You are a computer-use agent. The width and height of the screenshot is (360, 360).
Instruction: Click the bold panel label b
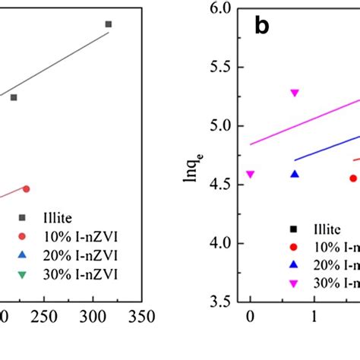pos(261,27)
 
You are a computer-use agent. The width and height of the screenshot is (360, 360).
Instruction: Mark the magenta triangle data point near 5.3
pos(295,93)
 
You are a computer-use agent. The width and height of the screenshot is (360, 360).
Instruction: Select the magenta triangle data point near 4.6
pos(251,174)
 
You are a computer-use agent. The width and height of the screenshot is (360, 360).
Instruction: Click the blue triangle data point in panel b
pos(295,174)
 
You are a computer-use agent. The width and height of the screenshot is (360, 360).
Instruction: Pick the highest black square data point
pos(109,24)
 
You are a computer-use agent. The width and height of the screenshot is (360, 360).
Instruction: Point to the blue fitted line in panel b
pos(327,148)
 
